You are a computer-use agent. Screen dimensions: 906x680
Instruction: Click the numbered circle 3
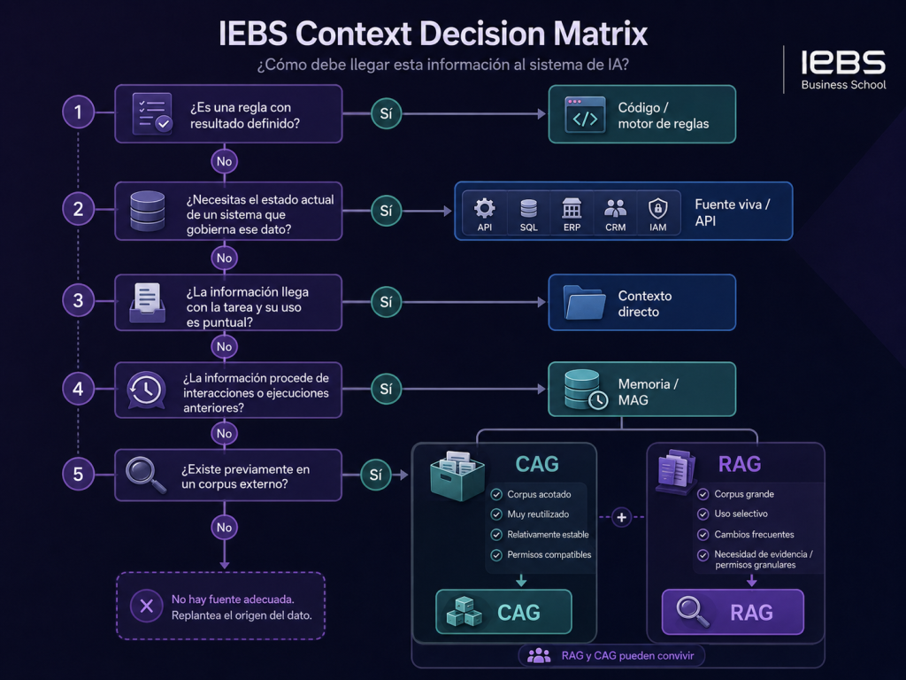click(78, 301)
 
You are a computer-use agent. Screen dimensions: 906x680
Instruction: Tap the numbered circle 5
click(78, 475)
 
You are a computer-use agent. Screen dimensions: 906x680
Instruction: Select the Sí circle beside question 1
click(386, 114)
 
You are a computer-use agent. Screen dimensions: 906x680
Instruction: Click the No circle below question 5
click(224, 528)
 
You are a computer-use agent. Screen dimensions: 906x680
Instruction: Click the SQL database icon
click(529, 207)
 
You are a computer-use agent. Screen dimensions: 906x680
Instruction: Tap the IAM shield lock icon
click(658, 207)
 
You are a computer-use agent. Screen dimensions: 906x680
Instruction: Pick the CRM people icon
click(616, 207)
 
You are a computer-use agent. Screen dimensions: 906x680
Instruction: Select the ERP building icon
click(572, 207)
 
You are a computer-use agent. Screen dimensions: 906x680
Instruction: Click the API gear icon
click(485, 207)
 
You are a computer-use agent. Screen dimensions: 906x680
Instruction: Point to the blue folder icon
click(584, 302)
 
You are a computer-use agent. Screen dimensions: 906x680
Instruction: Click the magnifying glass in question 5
click(146, 475)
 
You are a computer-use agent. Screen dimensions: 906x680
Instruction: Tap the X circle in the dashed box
click(147, 606)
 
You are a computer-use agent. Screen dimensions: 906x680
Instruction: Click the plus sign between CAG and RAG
click(622, 517)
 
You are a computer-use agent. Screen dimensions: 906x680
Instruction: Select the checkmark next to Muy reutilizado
click(496, 514)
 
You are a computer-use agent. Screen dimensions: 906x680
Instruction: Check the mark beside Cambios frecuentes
click(703, 534)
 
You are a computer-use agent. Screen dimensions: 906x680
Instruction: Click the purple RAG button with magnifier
click(733, 612)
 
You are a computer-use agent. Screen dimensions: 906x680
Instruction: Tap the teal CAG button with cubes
click(503, 612)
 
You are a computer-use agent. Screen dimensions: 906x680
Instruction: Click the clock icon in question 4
click(146, 390)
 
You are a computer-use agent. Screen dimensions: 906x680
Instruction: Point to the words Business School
click(843, 84)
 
